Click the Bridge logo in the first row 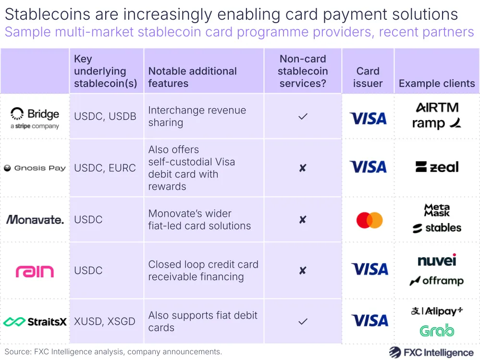(x=35, y=118)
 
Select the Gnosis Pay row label (x=35, y=168)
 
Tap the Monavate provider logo (x=35, y=220)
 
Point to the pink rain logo (x=35, y=272)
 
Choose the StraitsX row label (x=35, y=322)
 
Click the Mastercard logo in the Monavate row (x=369, y=220)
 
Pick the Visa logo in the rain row (x=369, y=269)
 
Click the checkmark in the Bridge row (x=303, y=116)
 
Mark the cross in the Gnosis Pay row (x=303, y=168)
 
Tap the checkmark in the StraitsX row (x=303, y=322)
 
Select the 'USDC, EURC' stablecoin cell (x=105, y=168)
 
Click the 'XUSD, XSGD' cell (x=105, y=322)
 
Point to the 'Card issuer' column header (x=368, y=77)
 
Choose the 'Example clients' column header (x=437, y=84)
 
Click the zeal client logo (x=437, y=167)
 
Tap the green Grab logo (x=437, y=331)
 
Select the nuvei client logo (x=437, y=260)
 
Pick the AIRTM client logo (x=437, y=107)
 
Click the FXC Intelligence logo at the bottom (x=431, y=352)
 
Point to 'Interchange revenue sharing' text (x=197, y=116)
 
